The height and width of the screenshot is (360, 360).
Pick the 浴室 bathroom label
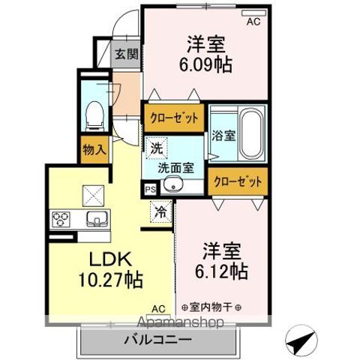tap(224, 136)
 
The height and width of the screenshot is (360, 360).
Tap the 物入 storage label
tap(93, 149)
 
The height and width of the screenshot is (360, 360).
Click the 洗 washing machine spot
tap(156, 148)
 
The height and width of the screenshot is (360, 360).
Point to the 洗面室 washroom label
tap(172, 169)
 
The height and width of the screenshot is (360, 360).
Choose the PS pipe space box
tap(150, 190)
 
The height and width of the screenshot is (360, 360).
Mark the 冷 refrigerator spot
tap(160, 213)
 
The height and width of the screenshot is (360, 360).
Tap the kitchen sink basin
tap(97, 219)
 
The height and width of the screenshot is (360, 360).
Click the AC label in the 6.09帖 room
tap(253, 22)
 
